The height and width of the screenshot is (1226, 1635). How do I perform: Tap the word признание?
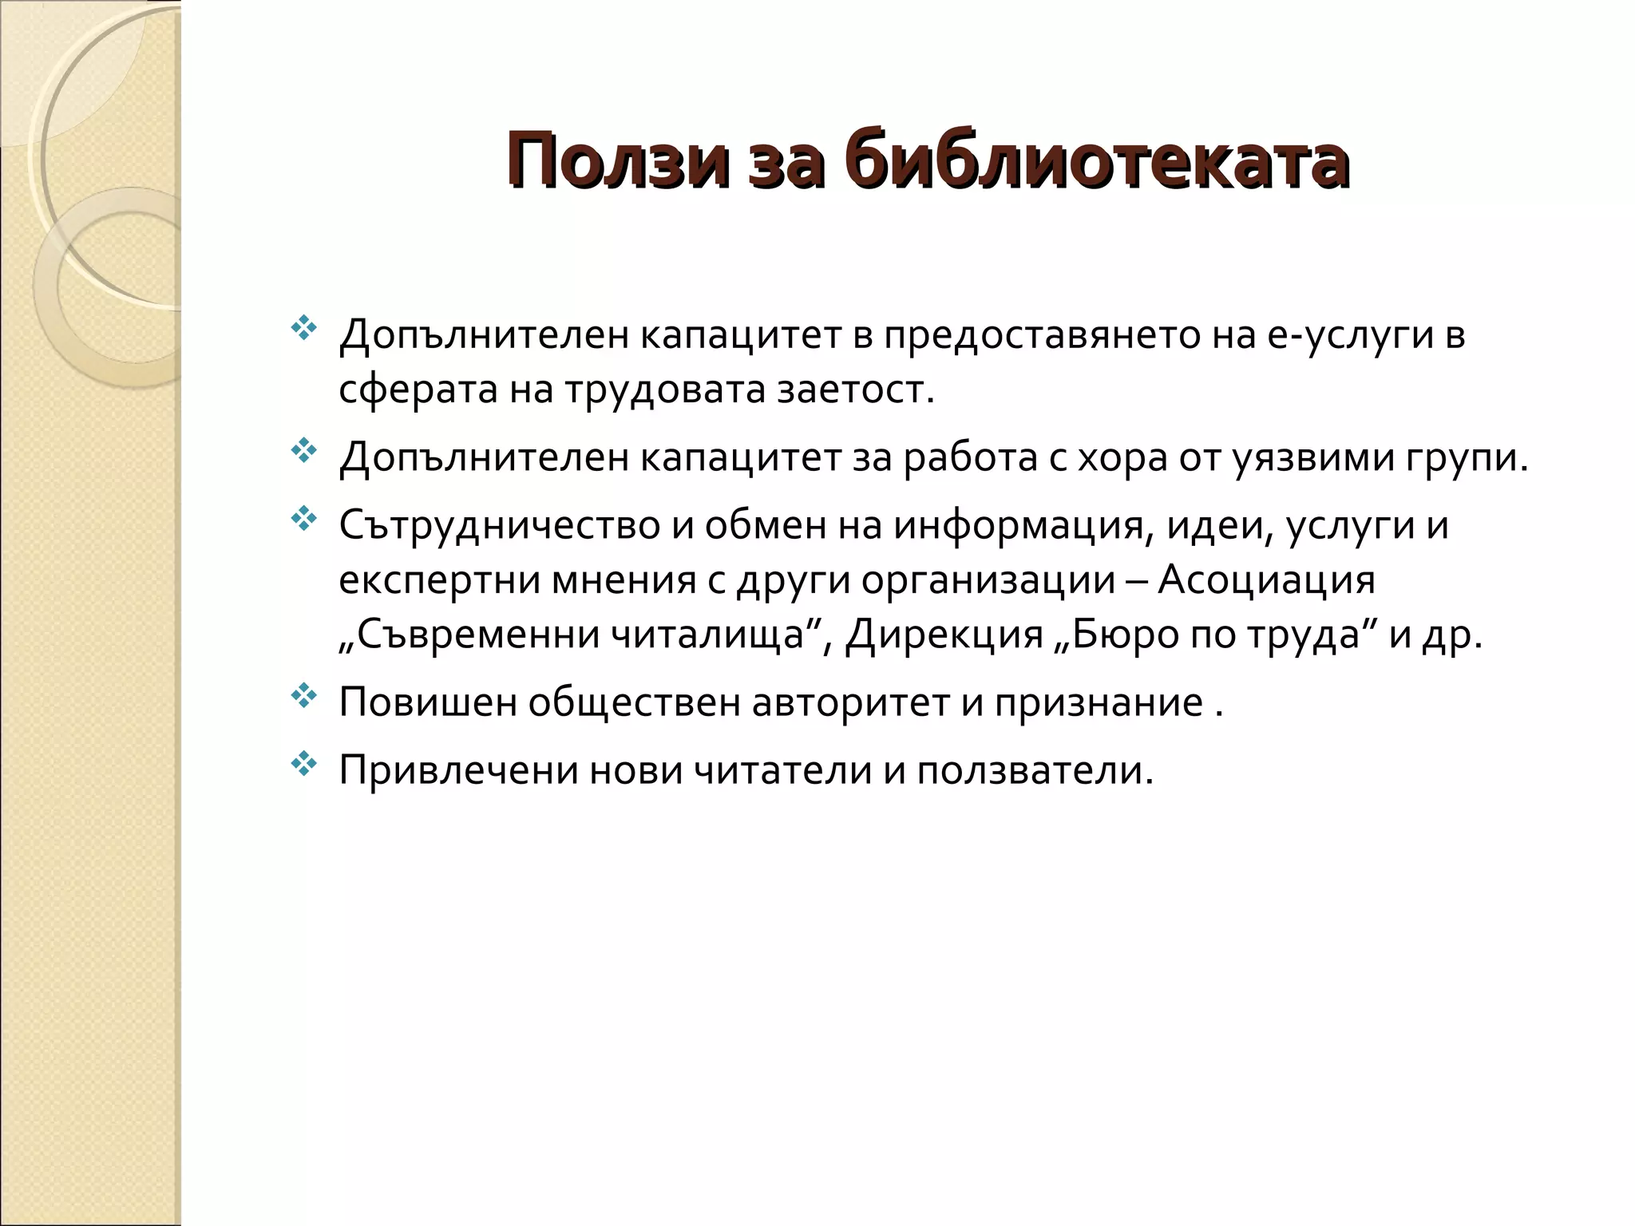(x=1097, y=703)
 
